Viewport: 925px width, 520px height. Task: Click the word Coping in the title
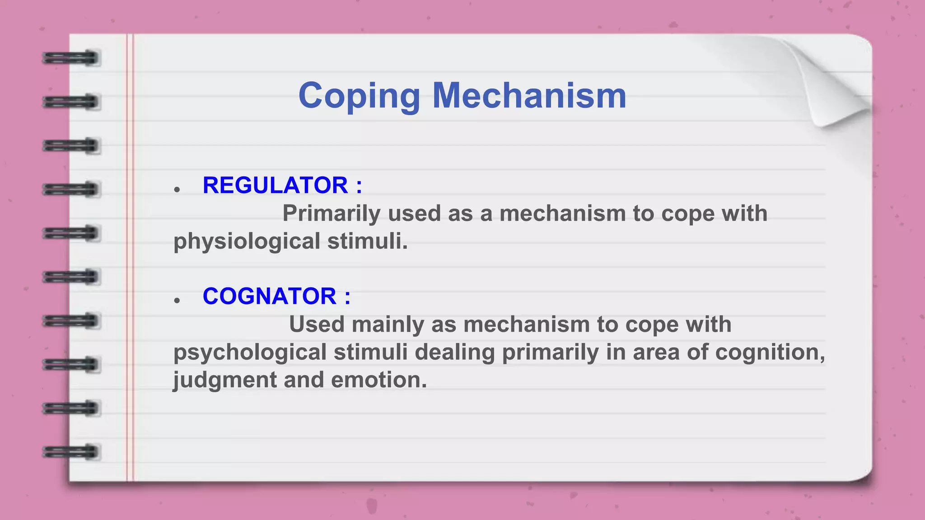[359, 96]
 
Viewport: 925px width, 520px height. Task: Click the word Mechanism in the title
[529, 96]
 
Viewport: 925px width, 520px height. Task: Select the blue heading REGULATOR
[275, 185]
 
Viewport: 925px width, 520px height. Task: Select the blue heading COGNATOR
[269, 296]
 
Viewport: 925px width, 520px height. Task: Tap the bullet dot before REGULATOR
[177, 190]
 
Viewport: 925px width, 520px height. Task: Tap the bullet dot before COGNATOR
[177, 301]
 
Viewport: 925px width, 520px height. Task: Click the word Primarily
[331, 213]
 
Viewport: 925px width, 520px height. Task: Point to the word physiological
[247, 241]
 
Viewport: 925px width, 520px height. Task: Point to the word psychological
[250, 352]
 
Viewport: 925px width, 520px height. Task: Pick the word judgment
[225, 380]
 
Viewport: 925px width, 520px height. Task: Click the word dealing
[454, 352]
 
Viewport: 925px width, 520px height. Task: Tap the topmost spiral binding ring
[71, 58]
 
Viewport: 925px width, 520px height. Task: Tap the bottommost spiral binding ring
[71, 452]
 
